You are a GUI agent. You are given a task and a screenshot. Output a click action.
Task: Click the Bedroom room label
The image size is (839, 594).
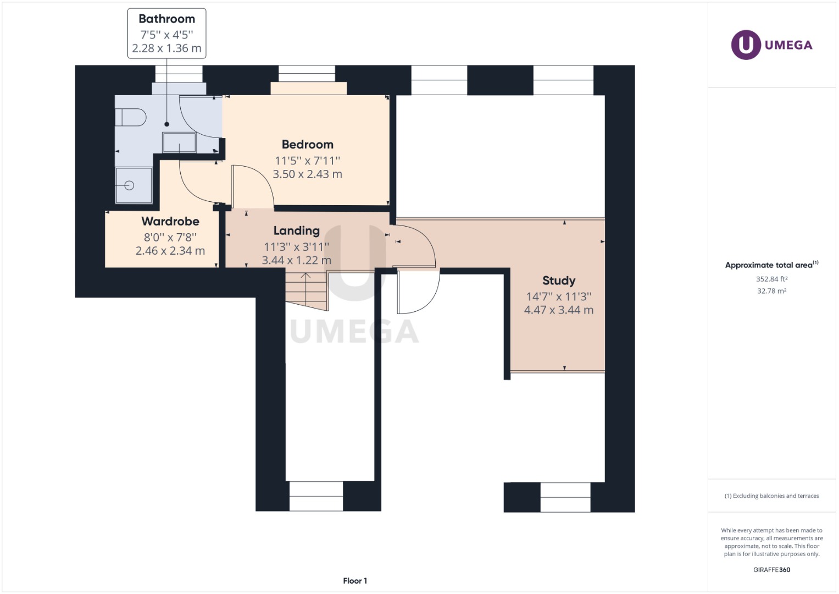click(x=307, y=145)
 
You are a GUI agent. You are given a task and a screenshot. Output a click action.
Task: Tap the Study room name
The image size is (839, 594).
click(x=559, y=280)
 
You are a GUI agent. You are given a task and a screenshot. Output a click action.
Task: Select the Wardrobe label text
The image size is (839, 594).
click(x=170, y=221)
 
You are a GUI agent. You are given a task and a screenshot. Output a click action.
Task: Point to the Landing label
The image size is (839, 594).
click(x=296, y=230)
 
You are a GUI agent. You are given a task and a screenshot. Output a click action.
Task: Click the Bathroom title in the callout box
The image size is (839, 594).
click(x=166, y=19)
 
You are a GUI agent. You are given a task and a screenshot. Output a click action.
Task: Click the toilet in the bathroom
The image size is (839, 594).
click(x=131, y=118)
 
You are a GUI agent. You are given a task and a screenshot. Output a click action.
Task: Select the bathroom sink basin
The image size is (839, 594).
click(x=179, y=142)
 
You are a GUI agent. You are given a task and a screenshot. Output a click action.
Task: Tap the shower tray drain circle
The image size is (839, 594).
click(x=130, y=185)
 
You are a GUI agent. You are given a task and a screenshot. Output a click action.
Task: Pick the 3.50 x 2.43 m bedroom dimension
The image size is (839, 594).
click(x=307, y=174)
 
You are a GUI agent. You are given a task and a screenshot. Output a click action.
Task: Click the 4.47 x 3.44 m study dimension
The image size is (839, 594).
click(x=559, y=310)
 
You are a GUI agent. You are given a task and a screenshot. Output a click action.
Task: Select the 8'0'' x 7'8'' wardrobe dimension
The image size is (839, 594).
click(x=170, y=237)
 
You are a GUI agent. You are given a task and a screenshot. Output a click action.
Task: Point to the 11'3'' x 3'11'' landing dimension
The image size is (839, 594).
click(x=296, y=246)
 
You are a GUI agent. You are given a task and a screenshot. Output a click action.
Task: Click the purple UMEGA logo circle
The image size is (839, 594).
click(x=746, y=45)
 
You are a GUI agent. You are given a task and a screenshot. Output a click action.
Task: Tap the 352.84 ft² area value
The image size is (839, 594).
click(x=771, y=279)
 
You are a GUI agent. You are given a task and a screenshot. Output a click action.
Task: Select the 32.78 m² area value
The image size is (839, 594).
click(x=771, y=291)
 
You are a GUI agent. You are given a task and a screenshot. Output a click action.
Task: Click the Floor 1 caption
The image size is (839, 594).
click(x=355, y=581)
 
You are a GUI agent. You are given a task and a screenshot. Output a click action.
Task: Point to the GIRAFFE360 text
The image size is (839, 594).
click(x=771, y=570)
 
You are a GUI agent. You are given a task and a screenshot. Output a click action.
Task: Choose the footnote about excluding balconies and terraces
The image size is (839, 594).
click(x=771, y=496)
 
